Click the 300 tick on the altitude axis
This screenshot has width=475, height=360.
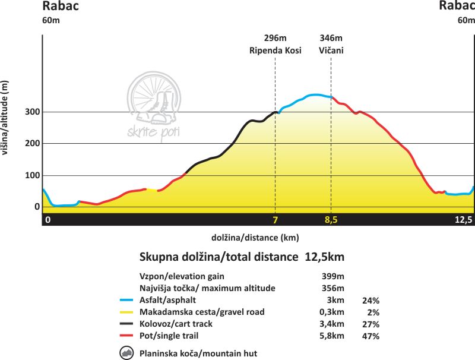point(32,112)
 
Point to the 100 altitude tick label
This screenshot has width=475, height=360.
point(32,175)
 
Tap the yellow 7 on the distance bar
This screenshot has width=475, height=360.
point(275,220)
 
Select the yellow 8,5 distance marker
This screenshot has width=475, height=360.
point(331,220)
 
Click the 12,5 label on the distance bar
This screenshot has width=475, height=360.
point(463,220)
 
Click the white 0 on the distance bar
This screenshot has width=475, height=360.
point(48,220)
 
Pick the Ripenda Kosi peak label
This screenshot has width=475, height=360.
point(275,50)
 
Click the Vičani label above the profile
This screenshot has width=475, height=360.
point(331,50)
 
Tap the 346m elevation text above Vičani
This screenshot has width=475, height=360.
point(331,39)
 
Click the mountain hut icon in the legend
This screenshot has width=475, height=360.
point(126,353)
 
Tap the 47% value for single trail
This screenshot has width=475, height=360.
point(370,336)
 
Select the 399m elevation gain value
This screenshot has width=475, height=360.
point(331,276)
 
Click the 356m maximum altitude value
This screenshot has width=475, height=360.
point(331,288)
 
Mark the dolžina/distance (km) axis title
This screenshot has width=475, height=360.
point(255,237)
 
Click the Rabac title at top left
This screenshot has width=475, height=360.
point(61,7)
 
